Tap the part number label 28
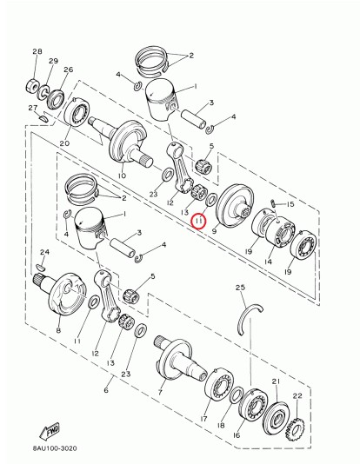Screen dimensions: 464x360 (x=37, y=52)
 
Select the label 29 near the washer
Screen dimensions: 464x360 (x=53, y=61)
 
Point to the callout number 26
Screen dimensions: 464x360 (x=69, y=70)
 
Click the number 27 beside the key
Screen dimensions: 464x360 (x=32, y=108)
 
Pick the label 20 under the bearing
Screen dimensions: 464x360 (x=64, y=143)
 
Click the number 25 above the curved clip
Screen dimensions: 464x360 (x=241, y=288)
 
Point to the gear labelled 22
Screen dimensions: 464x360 (x=295, y=428)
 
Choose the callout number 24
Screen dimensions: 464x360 (x=45, y=253)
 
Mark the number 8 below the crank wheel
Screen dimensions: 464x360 (x=58, y=331)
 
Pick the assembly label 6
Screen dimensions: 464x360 (x=106, y=391)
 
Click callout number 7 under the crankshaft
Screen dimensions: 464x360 (x=160, y=392)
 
